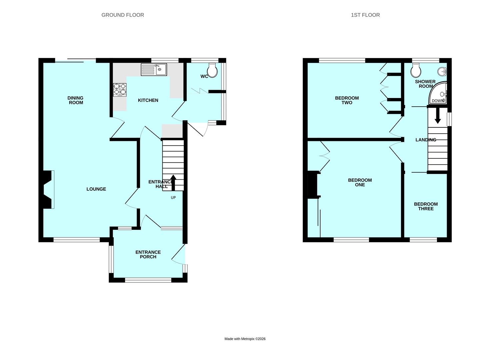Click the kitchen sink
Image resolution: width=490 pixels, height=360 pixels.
click(x=154, y=70)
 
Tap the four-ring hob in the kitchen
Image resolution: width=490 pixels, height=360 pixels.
click(x=120, y=89)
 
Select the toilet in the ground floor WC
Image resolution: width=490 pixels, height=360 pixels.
click(x=212, y=70)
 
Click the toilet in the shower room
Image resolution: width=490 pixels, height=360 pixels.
click(x=416, y=70)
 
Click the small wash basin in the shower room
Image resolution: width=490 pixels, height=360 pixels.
click(x=443, y=71)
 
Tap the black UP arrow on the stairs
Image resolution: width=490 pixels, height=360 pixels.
click(x=173, y=182)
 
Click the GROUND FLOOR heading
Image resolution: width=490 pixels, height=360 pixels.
click(x=123, y=15)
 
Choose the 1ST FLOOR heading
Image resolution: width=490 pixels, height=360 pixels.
click(x=365, y=15)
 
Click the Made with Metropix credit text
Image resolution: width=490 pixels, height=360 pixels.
click(x=245, y=339)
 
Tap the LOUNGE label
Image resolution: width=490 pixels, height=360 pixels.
click(x=96, y=189)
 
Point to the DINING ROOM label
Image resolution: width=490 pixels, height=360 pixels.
click(x=76, y=100)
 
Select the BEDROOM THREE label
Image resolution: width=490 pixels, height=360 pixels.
click(x=426, y=206)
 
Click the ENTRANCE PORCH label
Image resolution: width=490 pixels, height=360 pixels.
click(x=148, y=254)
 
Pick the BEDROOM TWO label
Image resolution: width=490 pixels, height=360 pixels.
click(x=347, y=100)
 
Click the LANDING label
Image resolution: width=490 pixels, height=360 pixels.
click(x=426, y=140)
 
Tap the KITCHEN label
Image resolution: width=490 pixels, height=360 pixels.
click(x=148, y=100)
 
